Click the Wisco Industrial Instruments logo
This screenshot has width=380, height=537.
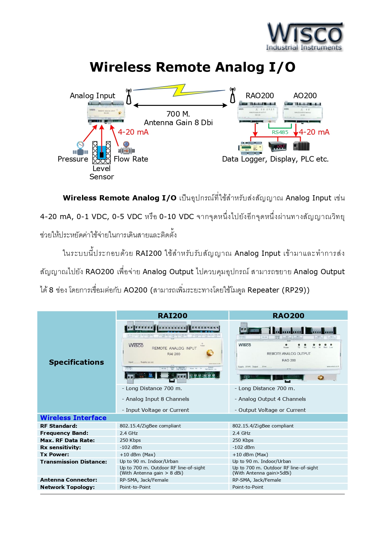(x=305, y=37)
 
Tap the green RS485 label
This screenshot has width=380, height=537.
(x=280, y=132)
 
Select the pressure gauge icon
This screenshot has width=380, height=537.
(x=80, y=148)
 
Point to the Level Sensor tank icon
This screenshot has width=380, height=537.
(x=101, y=152)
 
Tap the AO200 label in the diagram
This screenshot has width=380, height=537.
(x=305, y=96)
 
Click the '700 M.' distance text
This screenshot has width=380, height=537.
(x=178, y=114)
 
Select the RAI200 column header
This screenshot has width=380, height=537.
(x=172, y=316)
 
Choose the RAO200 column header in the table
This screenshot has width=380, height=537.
(x=288, y=316)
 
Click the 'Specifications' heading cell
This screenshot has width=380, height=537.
(x=77, y=362)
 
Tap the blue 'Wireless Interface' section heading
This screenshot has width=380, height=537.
(x=73, y=418)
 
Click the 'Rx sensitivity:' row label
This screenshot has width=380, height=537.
(x=61, y=447)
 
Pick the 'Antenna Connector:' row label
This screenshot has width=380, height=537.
(x=69, y=480)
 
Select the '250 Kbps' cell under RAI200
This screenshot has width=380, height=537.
(x=130, y=440)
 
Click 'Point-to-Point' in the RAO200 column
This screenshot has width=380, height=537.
(x=248, y=487)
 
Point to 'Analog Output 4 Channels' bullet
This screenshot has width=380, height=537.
(x=272, y=399)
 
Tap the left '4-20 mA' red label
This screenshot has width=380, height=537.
(x=133, y=132)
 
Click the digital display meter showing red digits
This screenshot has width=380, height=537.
(x=278, y=146)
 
